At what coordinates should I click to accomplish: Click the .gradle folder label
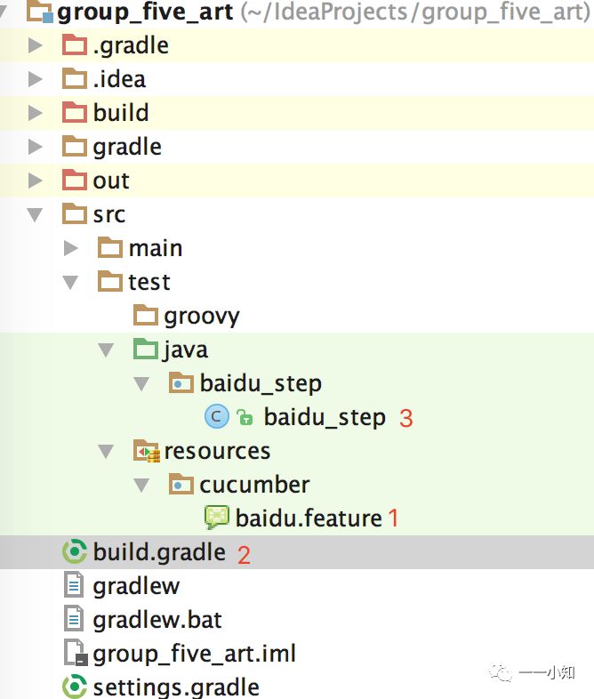(x=130, y=45)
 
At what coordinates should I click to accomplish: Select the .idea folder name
(x=118, y=79)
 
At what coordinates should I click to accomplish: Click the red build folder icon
(x=75, y=113)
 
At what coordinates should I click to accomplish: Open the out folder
(x=110, y=181)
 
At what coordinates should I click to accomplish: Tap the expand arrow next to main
(x=71, y=248)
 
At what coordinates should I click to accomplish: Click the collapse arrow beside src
(x=36, y=214)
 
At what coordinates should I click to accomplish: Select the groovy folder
(x=201, y=316)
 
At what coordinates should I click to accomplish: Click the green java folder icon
(x=145, y=349)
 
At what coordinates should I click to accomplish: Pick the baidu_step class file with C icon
(x=325, y=417)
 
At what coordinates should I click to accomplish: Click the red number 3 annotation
(x=406, y=418)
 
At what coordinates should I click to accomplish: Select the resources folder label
(x=217, y=451)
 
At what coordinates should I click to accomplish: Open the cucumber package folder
(x=254, y=485)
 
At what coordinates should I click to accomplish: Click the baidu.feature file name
(x=308, y=518)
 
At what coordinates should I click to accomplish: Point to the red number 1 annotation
(x=394, y=518)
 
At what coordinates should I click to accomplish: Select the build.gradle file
(x=158, y=552)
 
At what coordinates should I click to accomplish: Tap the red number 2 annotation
(x=244, y=554)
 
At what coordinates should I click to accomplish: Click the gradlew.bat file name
(x=157, y=620)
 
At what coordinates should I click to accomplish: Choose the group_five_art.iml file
(x=194, y=654)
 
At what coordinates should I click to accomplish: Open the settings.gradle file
(x=175, y=687)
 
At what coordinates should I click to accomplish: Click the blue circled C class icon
(x=216, y=417)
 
